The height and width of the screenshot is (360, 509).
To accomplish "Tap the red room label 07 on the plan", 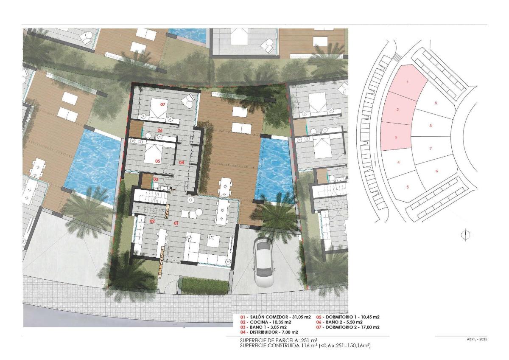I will pyautogui.click(x=162, y=104).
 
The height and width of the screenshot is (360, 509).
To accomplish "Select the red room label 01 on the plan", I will pyautogui.click(x=176, y=222).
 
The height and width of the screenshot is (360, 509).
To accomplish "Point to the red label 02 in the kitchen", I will pyautogui.click(x=151, y=221).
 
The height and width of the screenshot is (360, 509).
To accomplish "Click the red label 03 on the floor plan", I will pyautogui.click(x=155, y=180).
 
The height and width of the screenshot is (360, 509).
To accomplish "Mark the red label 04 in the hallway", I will pyautogui.click(x=181, y=162).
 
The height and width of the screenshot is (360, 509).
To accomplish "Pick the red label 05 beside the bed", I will pyautogui.click(x=157, y=161).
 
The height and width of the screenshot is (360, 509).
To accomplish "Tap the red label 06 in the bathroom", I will pyautogui.click(x=160, y=130).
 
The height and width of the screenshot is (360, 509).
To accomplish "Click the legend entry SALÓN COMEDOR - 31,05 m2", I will pyautogui.click(x=275, y=317).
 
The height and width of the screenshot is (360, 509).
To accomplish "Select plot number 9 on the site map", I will pyautogui.click(x=436, y=103).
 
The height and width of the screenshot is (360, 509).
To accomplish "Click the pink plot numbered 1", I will pyautogui.click(x=408, y=82).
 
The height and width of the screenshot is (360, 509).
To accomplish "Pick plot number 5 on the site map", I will pyautogui.click(x=408, y=187).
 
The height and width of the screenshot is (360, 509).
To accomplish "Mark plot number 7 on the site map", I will pyautogui.click(x=431, y=149).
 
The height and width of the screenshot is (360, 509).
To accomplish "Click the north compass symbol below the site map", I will pyautogui.click(x=466, y=235).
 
